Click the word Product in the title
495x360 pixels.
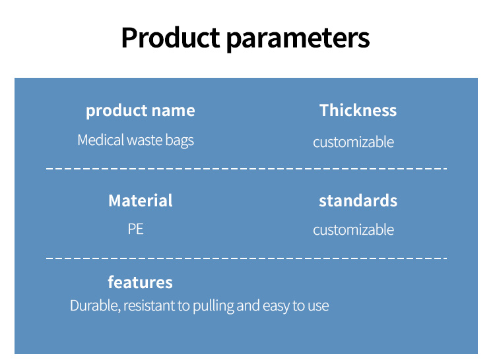pos(170,38)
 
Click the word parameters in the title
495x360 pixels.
pos(298,39)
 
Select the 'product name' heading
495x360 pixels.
pos(141,111)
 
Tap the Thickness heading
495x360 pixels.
pos(358,110)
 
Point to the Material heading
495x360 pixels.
pos(141,200)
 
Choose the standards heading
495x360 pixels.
pos(358,200)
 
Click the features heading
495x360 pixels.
pos(140,282)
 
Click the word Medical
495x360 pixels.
pos(101,140)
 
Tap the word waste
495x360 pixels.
pos(145,140)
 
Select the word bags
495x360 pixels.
pos(180,141)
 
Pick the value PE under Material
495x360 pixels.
pos(136,229)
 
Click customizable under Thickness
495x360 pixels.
pos(354,142)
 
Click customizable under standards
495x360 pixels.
pos(354,229)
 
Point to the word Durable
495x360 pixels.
pos(95,306)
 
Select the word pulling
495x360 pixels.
pos(213,306)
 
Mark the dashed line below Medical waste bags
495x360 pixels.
pos(247,169)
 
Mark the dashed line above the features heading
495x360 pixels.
pos(247,258)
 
